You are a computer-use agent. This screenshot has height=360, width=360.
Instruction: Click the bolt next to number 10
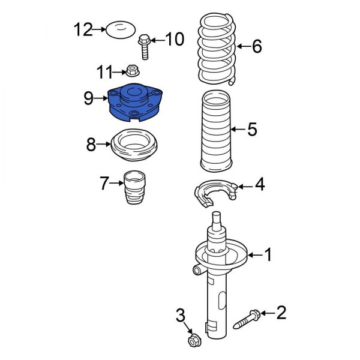click(x=143, y=47)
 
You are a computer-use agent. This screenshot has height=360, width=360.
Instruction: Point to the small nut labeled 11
click(x=131, y=72)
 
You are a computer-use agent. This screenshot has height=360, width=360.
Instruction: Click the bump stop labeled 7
click(x=134, y=187)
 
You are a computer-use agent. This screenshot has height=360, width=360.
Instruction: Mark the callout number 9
click(x=88, y=97)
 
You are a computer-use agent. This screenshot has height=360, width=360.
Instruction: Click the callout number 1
click(x=268, y=256)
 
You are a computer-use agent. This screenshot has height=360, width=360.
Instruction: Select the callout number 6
click(x=256, y=46)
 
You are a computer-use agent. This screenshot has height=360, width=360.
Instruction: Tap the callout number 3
click(x=180, y=314)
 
